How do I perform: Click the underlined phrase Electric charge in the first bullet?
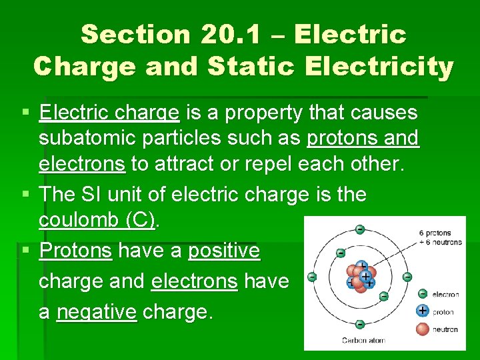pos(109,113)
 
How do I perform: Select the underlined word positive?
pos(224,251)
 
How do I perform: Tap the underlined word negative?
pos(97,311)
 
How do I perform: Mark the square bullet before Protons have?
pos(24,251)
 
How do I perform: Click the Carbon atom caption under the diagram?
pos(363,340)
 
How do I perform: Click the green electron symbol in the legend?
pos(422,293)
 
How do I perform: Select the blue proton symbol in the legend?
pos(422,311)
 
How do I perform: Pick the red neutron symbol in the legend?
pos(422,329)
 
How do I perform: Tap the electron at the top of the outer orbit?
pos(360,229)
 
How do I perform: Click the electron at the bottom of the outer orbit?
pos(360,324)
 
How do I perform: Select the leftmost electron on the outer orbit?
pos(311,277)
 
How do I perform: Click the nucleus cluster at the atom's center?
pos(360,277)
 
